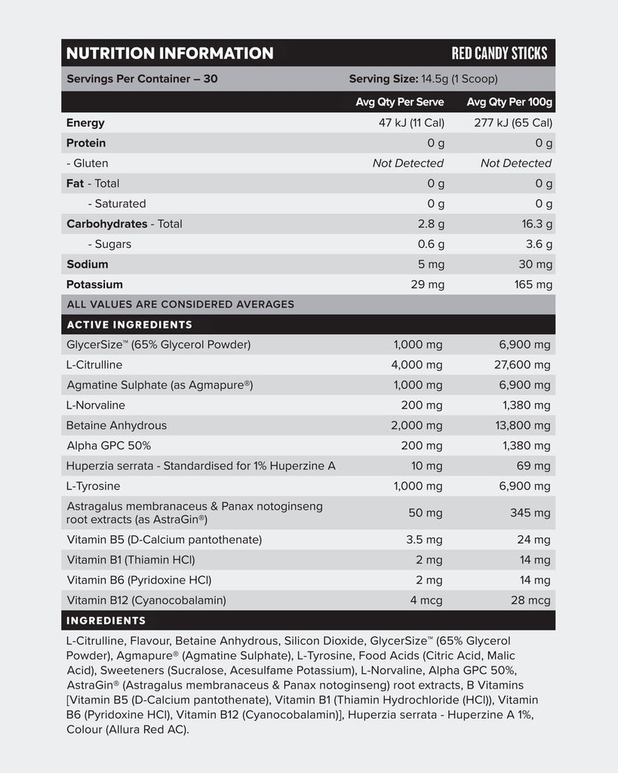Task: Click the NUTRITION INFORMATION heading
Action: (x=170, y=54)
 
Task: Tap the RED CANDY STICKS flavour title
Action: (x=499, y=54)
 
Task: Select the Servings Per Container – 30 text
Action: (x=142, y=79)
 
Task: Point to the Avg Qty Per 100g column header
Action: (x=509, y=102)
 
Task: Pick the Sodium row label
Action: (x=88, y=264)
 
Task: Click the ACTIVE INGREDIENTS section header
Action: (x=129, y=325)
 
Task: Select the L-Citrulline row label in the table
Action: (x=94, y=365)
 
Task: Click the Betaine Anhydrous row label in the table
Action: (x=117, y=426)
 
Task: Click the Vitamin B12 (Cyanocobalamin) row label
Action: (x=146, y=601)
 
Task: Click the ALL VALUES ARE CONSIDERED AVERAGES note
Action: (x=180, y=304)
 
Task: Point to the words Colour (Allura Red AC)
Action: (x=128, y=730)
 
